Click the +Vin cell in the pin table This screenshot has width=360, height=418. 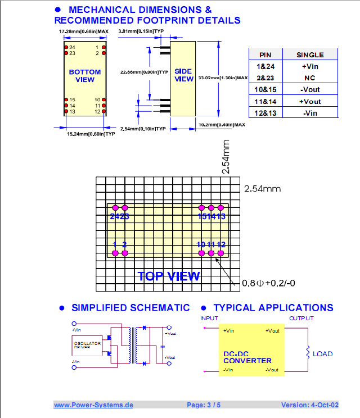point(310,66)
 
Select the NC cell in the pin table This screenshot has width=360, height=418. point(310,78)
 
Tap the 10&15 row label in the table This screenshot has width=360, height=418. point(265,89)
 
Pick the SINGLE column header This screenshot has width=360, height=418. point(310,54)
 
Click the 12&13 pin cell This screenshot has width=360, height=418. point(265,113)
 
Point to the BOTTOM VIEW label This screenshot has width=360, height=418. point(85,76)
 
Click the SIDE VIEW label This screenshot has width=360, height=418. point(184,75)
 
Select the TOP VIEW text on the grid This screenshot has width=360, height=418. point(169,276)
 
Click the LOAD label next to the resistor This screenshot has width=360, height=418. point(322,354)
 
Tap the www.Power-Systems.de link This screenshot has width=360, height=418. point(93,405)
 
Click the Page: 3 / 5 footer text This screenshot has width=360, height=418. point(204,405)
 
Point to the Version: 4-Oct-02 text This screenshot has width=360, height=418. point(309,405)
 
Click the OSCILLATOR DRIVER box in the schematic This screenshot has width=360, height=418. point(87,345)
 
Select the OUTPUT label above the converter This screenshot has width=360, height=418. point(301,319)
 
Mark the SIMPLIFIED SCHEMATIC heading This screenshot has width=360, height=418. point(130,307)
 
